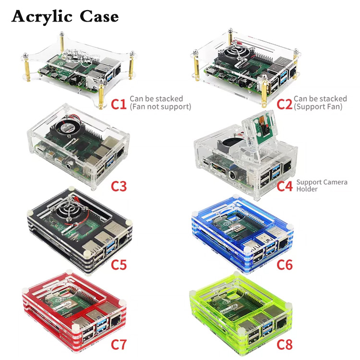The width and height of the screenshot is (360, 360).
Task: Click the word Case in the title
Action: (x=99, y=16)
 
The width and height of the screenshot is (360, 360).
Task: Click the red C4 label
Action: (x=285, y=185)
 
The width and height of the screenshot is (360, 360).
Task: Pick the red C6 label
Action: (x=285, y=264)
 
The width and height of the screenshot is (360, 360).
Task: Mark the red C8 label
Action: (x=285, y=344)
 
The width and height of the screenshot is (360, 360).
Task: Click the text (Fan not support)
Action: (x=160, y=107)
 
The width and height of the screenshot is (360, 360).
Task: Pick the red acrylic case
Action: (x=72, y=314)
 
